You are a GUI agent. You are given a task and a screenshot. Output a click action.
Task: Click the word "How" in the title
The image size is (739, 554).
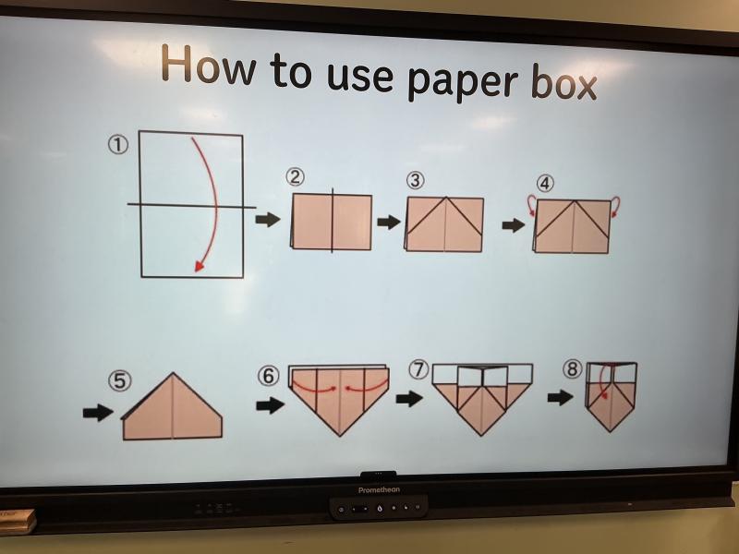tap(210, 65)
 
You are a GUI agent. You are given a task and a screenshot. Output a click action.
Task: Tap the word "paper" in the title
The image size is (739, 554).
tap(463, 81)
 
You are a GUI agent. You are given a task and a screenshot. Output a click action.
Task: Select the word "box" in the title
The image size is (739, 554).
tap(563, 84)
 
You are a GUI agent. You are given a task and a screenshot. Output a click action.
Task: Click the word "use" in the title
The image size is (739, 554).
tap(359, 76)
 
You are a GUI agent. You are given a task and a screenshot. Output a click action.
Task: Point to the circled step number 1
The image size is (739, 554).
tap(118, 145)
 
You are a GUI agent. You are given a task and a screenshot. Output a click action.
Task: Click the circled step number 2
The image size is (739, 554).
tap(295, 177)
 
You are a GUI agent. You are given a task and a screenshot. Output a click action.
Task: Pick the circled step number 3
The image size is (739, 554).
tap(415, 180)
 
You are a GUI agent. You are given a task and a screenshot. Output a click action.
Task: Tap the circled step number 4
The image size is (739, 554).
tap(545, 183)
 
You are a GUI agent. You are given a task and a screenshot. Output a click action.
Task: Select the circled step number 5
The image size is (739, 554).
tap(120, 380)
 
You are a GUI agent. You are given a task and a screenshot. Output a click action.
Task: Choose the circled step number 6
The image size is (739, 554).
tap(268, 376)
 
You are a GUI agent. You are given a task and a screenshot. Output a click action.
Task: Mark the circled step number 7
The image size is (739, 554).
tap(418, 370)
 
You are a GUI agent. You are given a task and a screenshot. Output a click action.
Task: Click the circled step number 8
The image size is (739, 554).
tap(572, 368)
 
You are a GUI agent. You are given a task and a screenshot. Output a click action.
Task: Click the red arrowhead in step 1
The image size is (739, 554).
tap(200, 266)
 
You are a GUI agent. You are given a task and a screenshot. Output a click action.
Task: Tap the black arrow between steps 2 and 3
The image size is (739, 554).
tap(389, 222)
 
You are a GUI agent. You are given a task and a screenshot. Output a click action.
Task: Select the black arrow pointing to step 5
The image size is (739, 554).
tap(98, 413)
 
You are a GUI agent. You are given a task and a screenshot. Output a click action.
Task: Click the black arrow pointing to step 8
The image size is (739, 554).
tap(560, 398)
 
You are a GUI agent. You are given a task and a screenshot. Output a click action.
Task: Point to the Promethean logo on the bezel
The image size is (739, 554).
tap(379, 490)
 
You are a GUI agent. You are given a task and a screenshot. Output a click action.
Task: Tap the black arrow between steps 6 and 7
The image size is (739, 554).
tap(409, 399)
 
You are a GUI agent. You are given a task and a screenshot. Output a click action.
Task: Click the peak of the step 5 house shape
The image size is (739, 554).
tap(173, 373)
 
